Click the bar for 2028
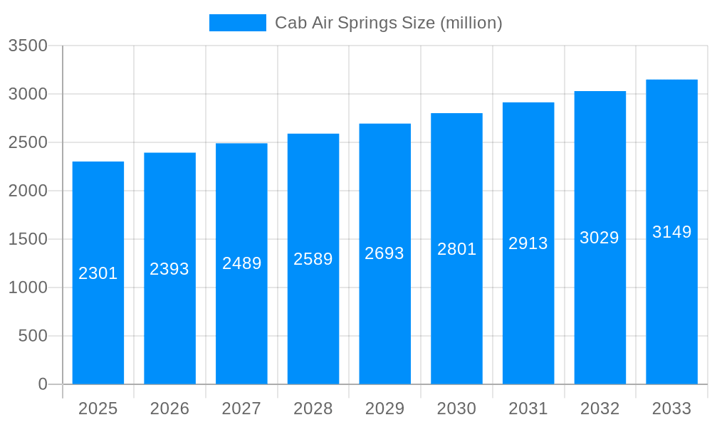pos(313,320)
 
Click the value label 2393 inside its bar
pos(169,269)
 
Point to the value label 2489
pos(242,263)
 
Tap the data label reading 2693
pos(384,253)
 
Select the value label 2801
pos(456,249)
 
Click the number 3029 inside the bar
pos(600,238)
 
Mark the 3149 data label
pos(671,232)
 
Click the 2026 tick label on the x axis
pos(169,408)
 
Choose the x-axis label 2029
pos(384,408)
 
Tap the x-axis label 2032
pos(600,408)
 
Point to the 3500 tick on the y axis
pos(28,46)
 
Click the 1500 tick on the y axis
pos(28,239)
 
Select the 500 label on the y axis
pos(33,336)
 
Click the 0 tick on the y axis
pos(43,384)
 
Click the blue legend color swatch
pos(237,23)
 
